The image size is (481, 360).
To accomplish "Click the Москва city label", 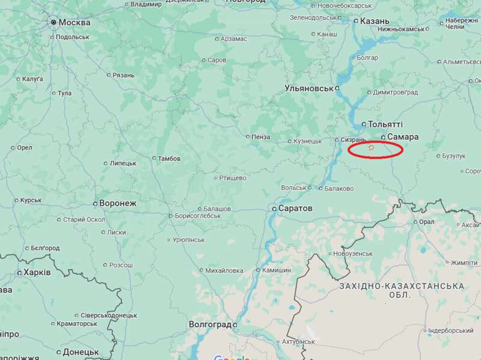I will click(75, 22).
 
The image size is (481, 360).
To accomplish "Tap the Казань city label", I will click(375, 21).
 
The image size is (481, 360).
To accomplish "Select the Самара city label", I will click(403, 136).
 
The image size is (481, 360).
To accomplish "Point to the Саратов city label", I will click(295, 208).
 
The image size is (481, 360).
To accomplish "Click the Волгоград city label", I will click(210, 325).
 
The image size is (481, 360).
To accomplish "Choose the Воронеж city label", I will click(117, 203).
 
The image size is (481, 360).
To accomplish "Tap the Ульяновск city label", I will click(309, 88).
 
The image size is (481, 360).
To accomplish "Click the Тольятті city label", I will click(385, 124).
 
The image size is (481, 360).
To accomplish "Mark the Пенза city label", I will click(261, 136).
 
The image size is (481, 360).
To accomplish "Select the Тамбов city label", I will click(169, 159).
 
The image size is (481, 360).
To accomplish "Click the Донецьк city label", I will click(81, 352).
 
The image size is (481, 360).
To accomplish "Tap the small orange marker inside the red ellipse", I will click(371, 147).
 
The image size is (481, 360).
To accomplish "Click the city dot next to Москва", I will click(54, 22).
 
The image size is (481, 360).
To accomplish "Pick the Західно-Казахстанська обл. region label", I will click(401, 290).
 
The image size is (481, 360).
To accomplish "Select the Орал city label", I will click(426, 221).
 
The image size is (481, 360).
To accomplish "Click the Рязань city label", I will click(123, 75).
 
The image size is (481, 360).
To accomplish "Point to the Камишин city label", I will click(277, 270).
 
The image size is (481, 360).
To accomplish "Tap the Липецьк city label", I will click(123, 163).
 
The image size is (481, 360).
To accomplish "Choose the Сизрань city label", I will click(353, 140).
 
